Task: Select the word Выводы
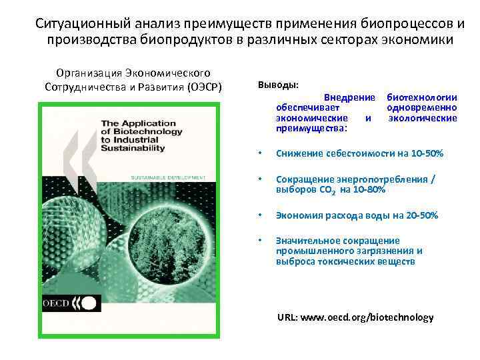277,86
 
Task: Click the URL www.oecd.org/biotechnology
355,317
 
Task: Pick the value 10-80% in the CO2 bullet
370,190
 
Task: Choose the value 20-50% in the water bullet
422,215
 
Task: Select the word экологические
423,118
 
